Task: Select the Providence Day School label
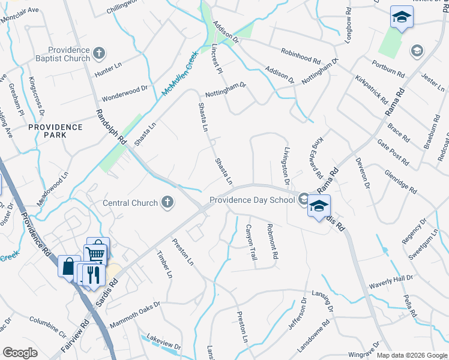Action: point(253,200)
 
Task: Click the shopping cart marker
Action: point(96,253)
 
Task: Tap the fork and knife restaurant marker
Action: point(92,275)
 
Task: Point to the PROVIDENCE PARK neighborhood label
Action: point(55,131)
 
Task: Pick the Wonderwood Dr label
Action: point(125,94)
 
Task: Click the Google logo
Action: point(20,353)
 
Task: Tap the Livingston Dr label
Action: point(286,165)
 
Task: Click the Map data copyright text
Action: point(411,355)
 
